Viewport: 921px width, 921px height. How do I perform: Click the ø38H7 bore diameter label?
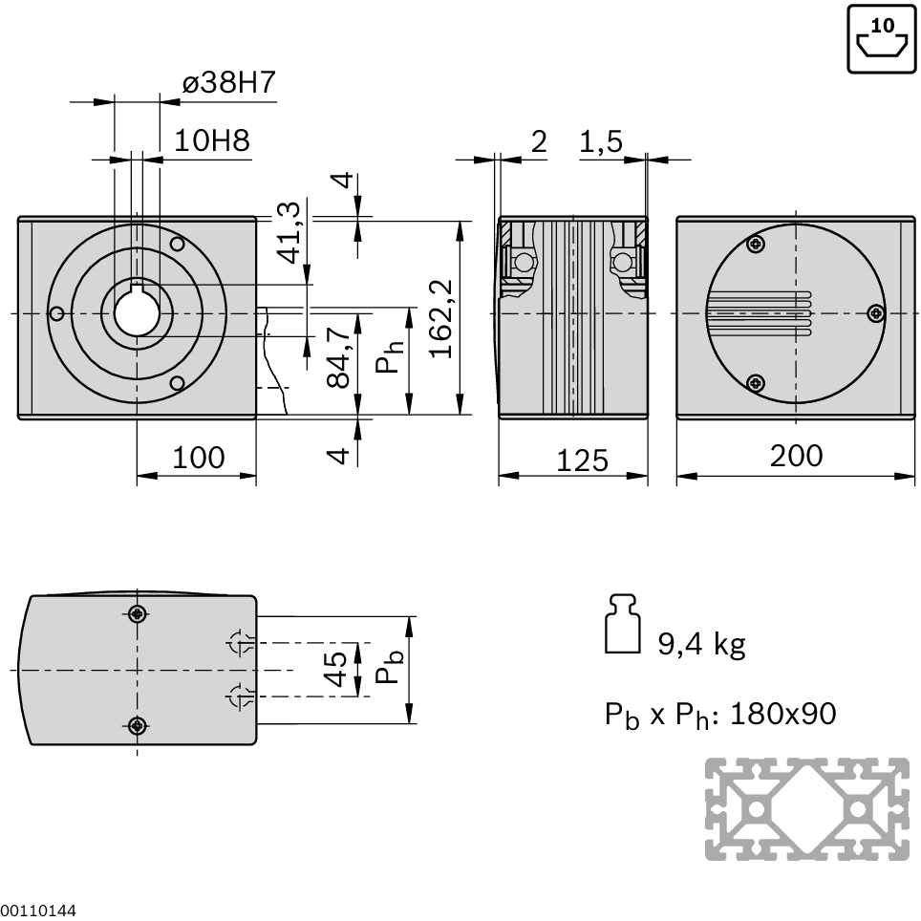tap(228, 82)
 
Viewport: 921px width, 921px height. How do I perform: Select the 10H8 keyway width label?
tap(212, 141)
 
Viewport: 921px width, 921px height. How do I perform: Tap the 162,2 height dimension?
tap(441, 318)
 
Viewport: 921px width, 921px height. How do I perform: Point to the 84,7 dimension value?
tap(339, 357)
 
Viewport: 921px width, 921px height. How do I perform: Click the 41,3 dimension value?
tap(289, 232)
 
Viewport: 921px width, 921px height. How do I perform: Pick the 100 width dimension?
tap(199, 458)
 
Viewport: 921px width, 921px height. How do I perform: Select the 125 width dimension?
tap(582, 460)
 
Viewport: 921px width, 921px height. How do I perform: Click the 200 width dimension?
tap(796, 456)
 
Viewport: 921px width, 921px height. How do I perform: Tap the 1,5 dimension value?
tap(601, 142)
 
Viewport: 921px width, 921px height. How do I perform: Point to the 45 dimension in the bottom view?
tap(336, 669)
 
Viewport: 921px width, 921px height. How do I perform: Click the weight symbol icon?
tap(623, 623)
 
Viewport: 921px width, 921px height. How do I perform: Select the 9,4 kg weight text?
tap(701, 644)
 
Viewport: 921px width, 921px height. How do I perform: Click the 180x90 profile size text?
tap(783, 714)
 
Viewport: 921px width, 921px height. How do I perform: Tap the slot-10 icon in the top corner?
tap(882, 38)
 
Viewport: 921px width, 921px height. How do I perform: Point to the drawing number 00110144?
tap(38, 911)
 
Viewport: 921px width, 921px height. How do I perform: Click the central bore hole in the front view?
tap(137, 313)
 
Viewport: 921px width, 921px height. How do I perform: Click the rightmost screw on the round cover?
tap(876, 313)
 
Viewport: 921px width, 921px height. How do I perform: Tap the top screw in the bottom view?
tap(138, 614)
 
